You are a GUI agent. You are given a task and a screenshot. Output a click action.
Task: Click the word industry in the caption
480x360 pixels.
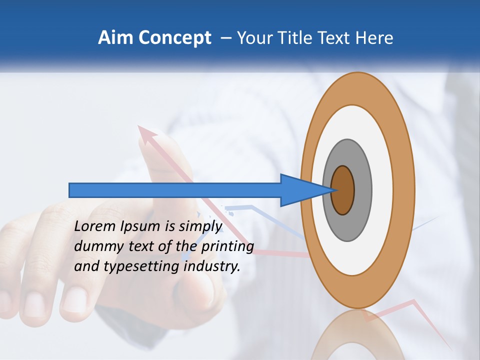click(x=212, y=266)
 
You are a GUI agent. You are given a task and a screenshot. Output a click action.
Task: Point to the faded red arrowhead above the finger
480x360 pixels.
click(x=147, y=133)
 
